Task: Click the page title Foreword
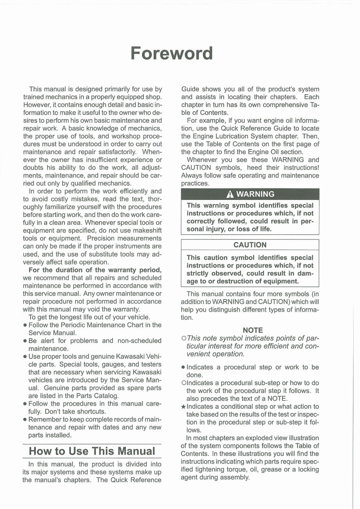click(171, 53)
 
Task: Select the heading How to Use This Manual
click(92, 451)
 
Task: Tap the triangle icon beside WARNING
click(229, 194)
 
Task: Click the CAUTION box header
click(250, 245)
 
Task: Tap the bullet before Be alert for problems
click(25, 341)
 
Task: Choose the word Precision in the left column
click(101, 238)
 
